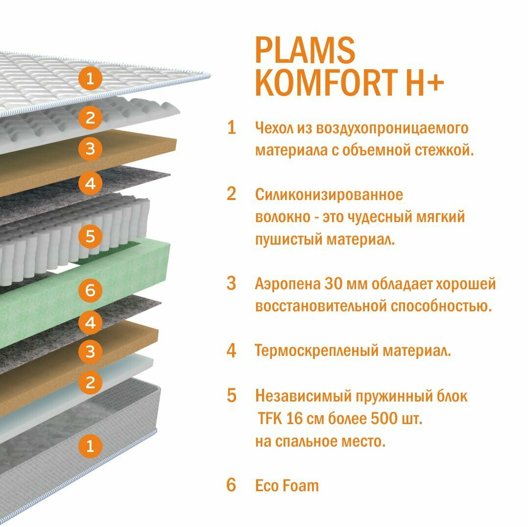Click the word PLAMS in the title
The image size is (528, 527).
[305, 50]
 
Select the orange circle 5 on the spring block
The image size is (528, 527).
[90, 237]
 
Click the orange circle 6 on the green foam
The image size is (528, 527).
[90, 291]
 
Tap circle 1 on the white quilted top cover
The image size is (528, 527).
[90, 78]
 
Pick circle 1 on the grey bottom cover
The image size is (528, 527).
[90, 446]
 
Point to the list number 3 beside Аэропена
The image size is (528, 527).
[231, 283]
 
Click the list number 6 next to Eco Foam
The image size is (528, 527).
[231, 485]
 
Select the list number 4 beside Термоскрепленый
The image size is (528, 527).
[231, 351]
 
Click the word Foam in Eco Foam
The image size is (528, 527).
[300, 485]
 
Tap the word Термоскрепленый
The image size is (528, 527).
[316, 351]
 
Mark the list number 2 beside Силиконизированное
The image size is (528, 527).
[231, 194]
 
